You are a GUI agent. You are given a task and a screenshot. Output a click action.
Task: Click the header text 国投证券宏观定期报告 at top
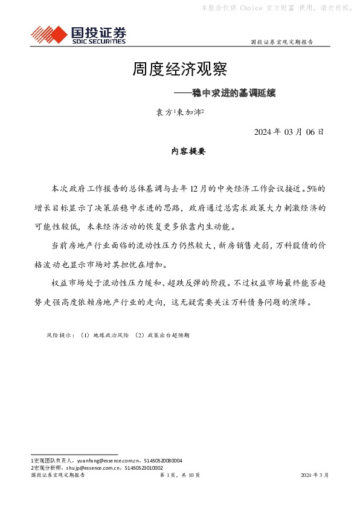(x=281, y=42)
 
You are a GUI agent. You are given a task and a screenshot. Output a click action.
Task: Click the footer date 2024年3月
(x=314, y=476)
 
